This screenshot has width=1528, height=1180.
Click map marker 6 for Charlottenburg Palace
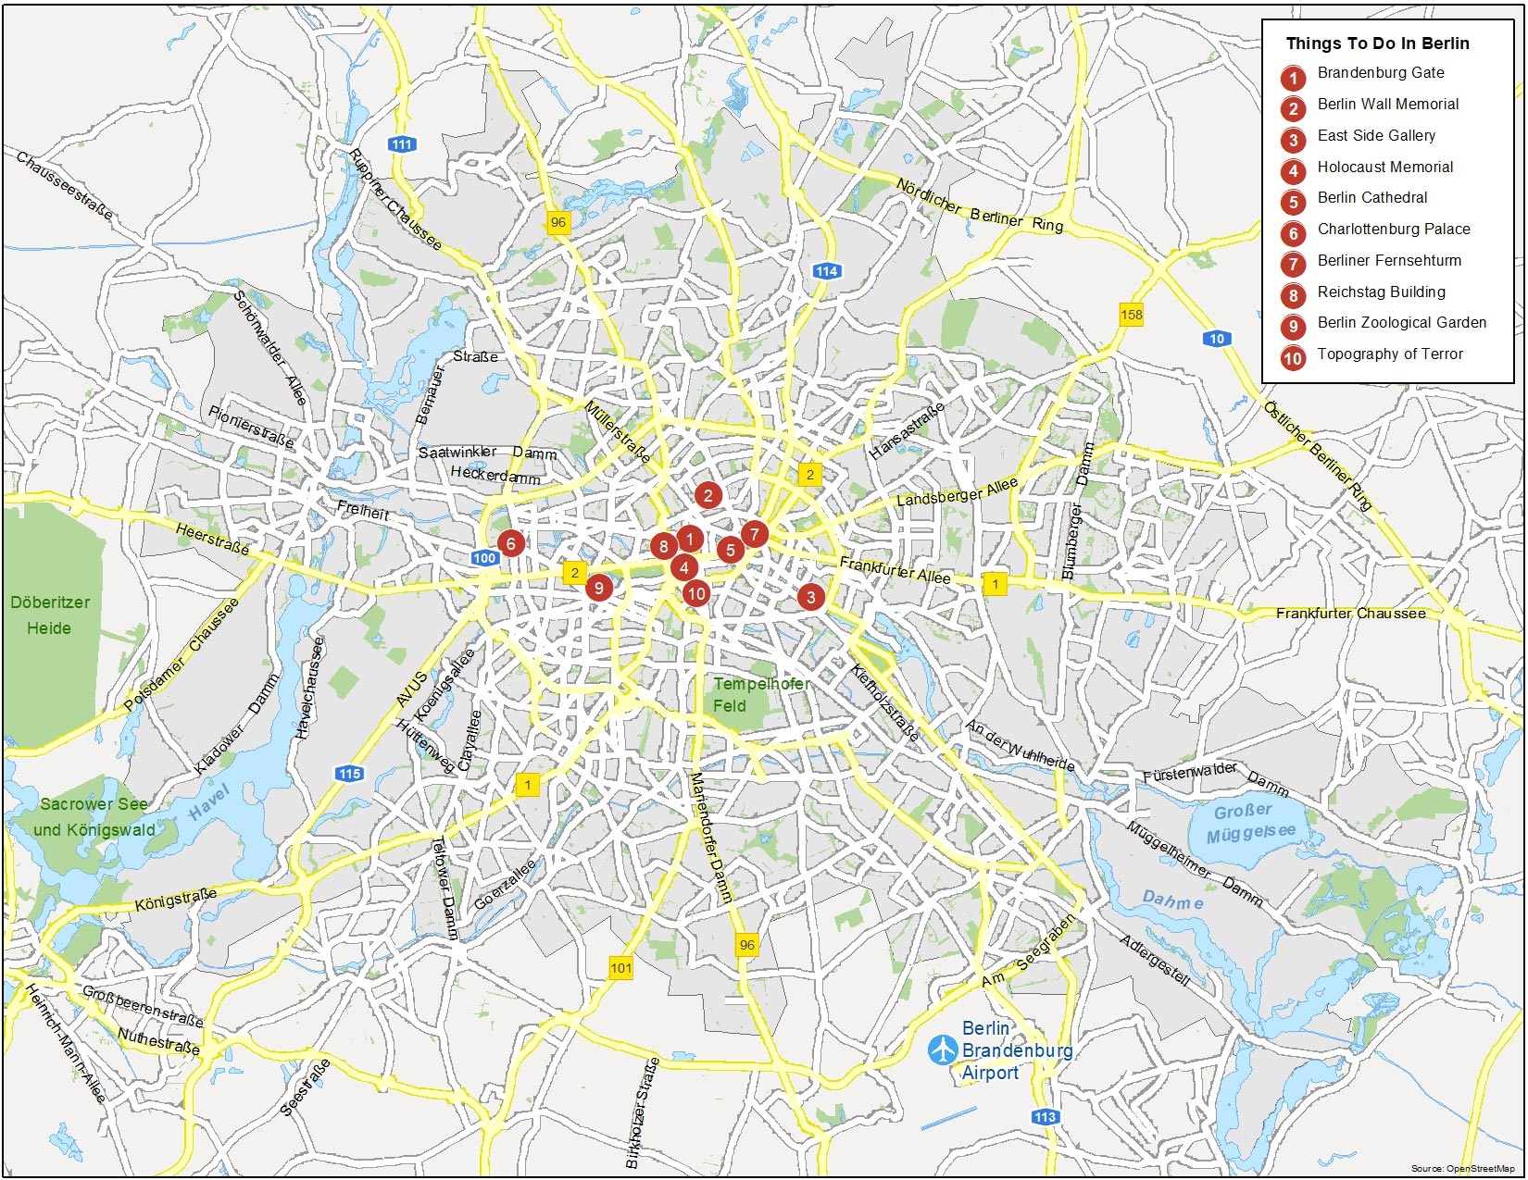click(510, 543)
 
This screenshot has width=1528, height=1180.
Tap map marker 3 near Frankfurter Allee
click(811, 597)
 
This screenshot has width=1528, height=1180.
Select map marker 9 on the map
click(599, 588)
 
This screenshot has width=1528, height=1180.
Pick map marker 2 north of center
click(708, 495)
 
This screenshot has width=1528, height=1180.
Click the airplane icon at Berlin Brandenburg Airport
click(943, 1050)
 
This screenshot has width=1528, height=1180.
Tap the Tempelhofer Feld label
click(760, 694)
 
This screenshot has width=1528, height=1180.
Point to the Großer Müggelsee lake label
click(1249, 823)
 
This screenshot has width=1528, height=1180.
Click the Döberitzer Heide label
click(50, 615)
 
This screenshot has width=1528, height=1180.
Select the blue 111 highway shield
click(402, 144)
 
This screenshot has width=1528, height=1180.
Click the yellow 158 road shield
click(1132, 315)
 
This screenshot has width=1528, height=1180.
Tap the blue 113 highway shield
click(1046, 1117)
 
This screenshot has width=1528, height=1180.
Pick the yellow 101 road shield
click(621, 968)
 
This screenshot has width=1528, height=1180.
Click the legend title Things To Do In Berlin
click(1377, 43)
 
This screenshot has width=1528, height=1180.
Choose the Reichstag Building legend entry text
click(1381, 292)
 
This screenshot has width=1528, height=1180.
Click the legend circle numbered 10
click(1293, 358)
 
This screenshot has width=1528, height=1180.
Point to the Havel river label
click(208, 801)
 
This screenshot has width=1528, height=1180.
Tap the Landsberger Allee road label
click(957, 491)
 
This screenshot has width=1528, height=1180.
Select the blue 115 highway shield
click(349, 774)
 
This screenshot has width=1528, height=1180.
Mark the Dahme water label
click(1172, 900)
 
